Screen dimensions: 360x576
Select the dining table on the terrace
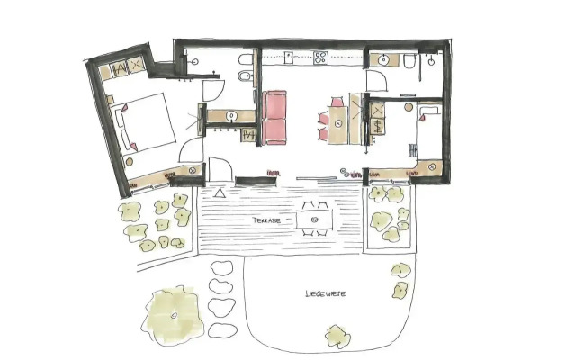314,219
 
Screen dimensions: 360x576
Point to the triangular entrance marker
220,192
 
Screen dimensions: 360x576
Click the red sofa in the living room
275,118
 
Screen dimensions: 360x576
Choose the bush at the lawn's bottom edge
336,336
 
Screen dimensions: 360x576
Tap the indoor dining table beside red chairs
339,121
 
